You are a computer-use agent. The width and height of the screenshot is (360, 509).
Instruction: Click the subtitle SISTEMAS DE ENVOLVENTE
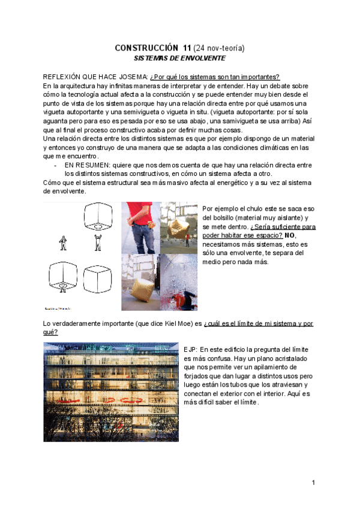[179, 59]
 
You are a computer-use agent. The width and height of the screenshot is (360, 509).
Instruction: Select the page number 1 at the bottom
[313, 483]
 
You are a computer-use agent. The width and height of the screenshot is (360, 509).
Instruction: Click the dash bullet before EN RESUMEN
[55, 164]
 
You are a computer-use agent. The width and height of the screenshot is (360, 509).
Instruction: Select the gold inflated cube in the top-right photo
[178, 227]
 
